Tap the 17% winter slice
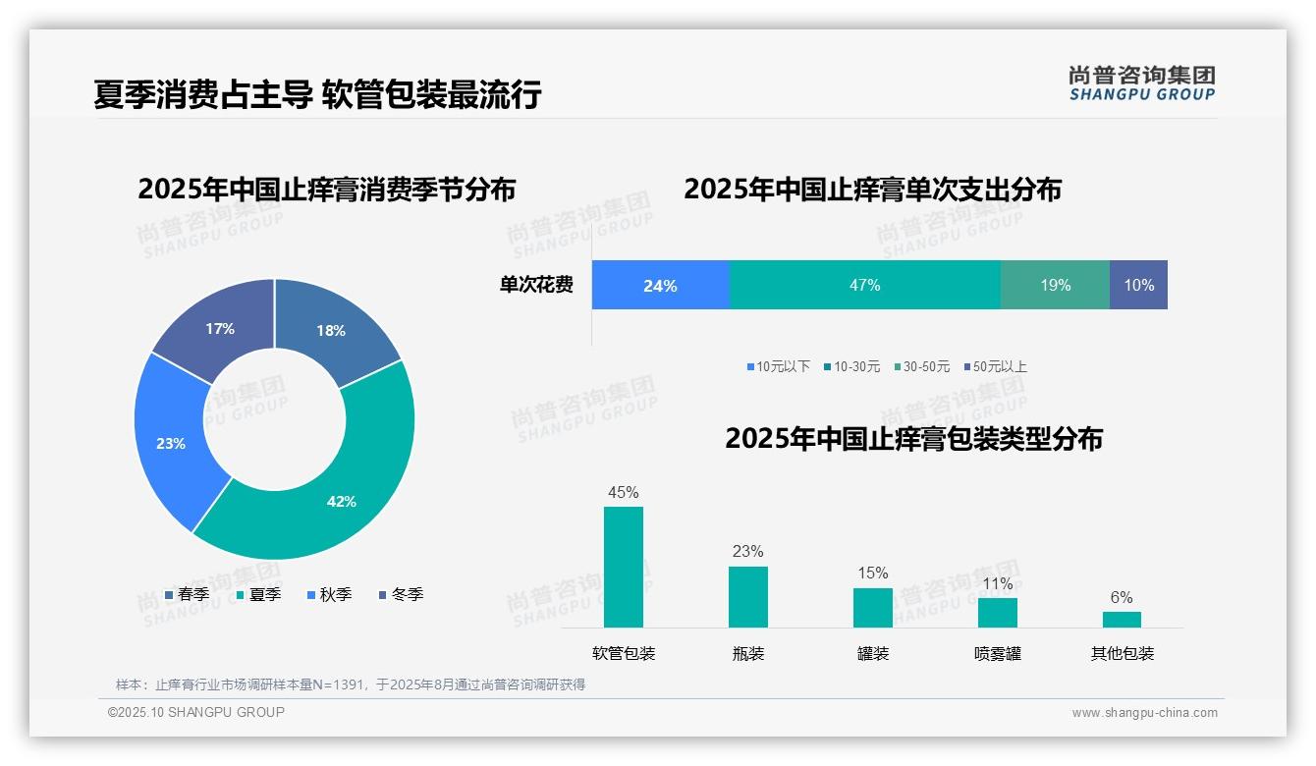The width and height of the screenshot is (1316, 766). [x=221, y=327]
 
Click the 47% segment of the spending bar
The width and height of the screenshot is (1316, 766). [x=864, y=285]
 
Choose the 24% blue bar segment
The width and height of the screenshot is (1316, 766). [x=660, y=285]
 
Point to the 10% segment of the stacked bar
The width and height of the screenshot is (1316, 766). [x=1138, y=285]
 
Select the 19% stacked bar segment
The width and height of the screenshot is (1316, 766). [x=1055, y=285]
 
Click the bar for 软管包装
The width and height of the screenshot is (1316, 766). [x=624, y=567]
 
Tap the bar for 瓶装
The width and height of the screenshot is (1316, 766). [x=747, y=596]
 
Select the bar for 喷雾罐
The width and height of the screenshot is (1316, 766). [x=997, y=612]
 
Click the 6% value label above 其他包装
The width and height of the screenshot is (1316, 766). [x=1122, y=597]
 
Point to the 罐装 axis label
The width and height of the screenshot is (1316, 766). [x=872, y=653]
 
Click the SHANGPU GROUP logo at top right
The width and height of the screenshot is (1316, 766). [x=1141, y=83]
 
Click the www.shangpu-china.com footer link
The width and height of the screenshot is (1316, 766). [x=1144, y=712]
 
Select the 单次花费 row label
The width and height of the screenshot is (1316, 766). [x=536, y=285]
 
